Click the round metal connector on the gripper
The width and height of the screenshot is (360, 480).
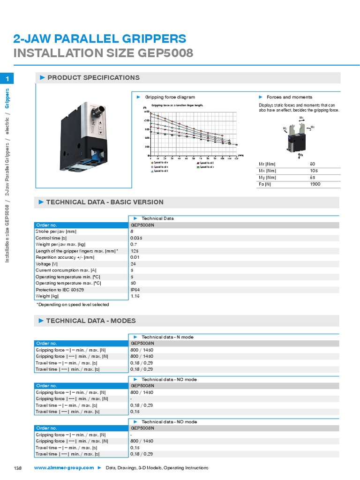point(99,112)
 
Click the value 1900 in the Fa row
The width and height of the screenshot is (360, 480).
point(315,184)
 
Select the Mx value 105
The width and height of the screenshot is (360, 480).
point(314,171)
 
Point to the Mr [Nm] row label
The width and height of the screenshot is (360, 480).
point(268,164)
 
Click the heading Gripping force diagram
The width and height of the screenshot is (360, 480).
point(170,97)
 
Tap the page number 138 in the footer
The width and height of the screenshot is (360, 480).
point(18,468)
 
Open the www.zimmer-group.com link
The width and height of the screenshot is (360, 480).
point(64,468)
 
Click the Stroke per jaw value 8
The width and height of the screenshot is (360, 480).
point(132,231)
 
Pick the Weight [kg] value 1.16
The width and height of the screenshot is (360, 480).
point(135,296)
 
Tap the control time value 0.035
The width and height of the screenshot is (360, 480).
point(136,238)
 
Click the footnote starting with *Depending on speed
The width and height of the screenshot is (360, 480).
point(73,305)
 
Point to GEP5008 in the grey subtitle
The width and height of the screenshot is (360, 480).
point(165,52)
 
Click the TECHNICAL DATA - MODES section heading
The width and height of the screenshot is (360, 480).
point(91,321)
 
